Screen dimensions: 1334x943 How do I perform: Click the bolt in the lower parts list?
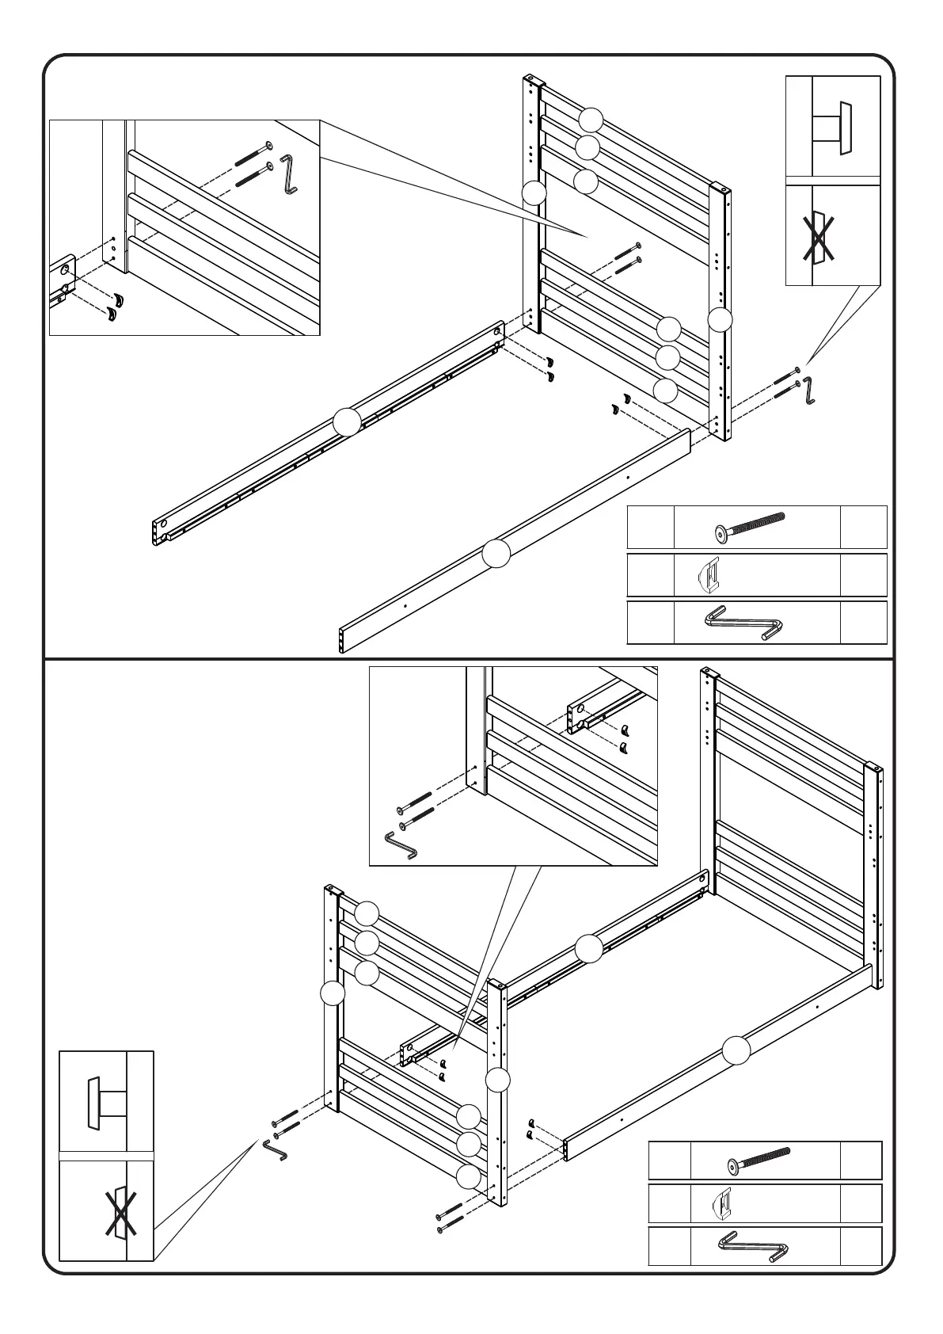pyautogui.click(x=758, y=1161)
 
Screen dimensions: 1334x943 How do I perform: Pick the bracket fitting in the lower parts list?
pyautogui.click(x=724, y=1206)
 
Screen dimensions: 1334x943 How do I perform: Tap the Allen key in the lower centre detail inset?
pyautogui.click(x=401, y=845)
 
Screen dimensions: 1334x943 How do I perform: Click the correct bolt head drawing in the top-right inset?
pyautogui.click(x=833, y=128)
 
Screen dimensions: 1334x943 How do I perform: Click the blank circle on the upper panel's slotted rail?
pyautogui.click(x=347, y=421)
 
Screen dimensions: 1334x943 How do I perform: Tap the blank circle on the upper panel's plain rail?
pyautogui.click(x=496, y=554)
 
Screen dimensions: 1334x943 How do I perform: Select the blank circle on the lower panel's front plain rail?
pyautogui.click(x=736, y=1051)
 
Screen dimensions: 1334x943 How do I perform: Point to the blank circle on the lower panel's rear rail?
pyautogui.click(x=588, y=947)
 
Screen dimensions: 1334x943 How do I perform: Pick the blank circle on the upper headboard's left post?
pyautogui.click(x=534, y=192)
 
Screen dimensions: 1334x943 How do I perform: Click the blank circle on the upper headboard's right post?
pyautogui.click(x=720, y=319)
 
